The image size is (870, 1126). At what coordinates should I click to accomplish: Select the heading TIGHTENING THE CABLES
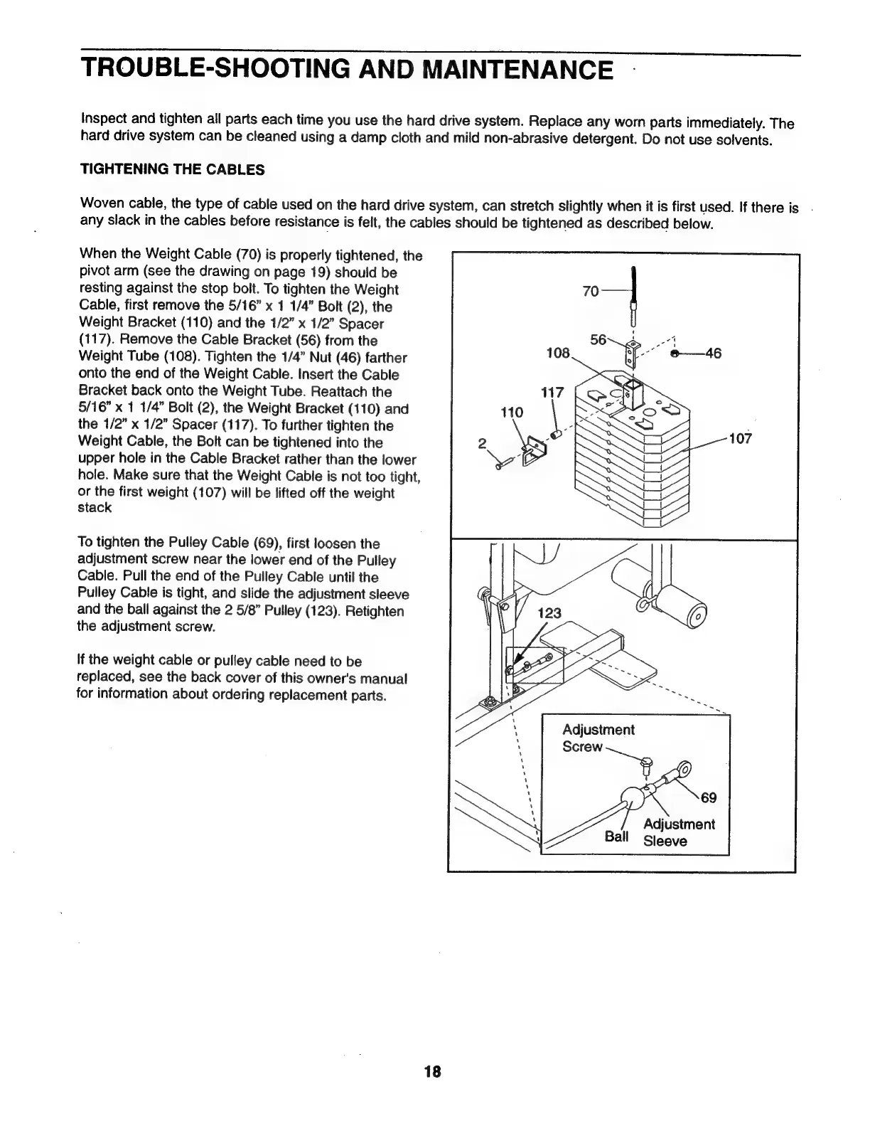point(173,170)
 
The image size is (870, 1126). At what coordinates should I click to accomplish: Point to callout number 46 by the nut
point(713,354)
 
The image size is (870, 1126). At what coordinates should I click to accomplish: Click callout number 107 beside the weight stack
point(740,439)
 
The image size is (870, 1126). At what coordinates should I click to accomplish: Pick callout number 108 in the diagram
point(558,354)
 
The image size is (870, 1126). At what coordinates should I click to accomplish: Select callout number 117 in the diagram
point(552,392)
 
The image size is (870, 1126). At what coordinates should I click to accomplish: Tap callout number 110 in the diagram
point(512,413)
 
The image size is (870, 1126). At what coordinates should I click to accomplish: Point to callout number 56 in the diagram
point(599,340)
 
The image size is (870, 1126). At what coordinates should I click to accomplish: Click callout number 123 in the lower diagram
point(549,613)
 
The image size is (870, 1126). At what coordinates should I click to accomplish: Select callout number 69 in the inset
point(709,797)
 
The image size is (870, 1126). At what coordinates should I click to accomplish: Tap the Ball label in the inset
point(616,836)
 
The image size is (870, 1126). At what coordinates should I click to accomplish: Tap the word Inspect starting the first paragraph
point(103,117)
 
